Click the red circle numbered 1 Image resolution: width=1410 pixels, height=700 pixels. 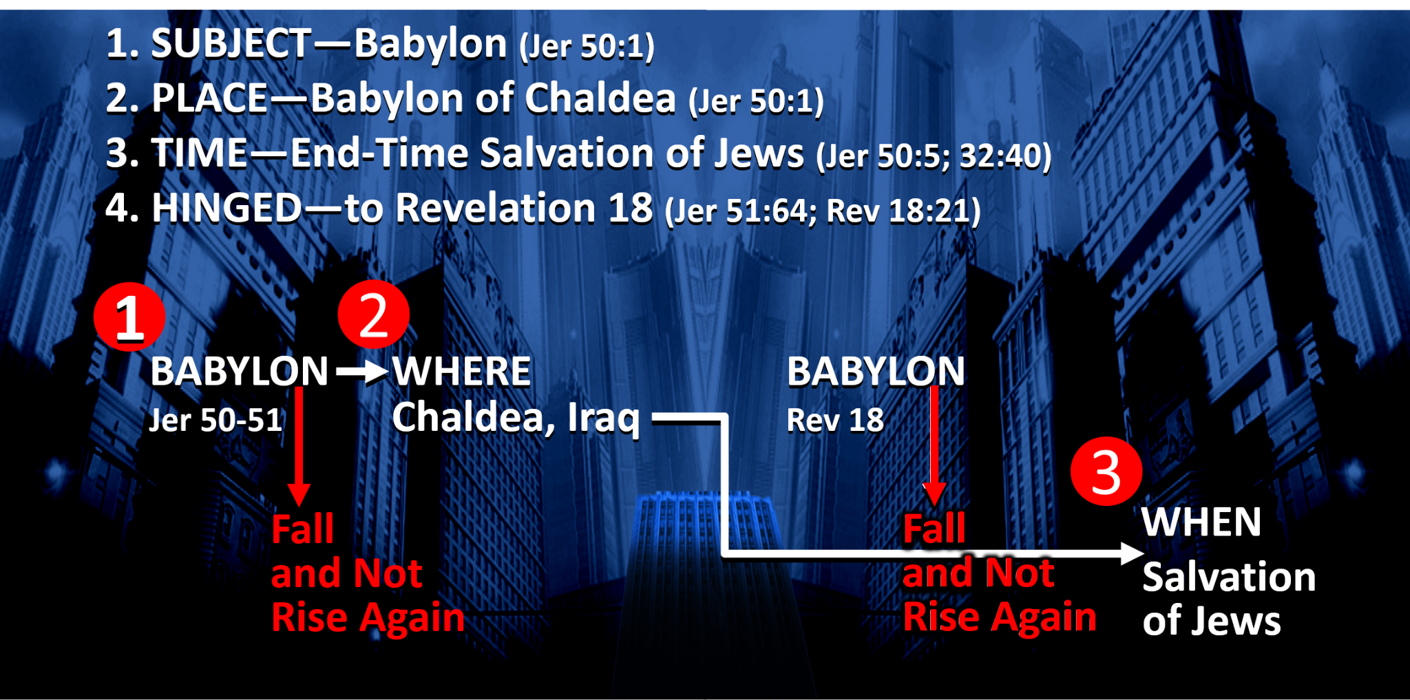[x=129, y=317]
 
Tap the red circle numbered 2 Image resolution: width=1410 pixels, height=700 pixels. [x=374, y=314]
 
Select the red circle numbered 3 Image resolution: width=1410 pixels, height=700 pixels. [x=1106, y=471]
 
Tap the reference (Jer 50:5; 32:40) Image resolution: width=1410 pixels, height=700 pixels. [x=934, y=156]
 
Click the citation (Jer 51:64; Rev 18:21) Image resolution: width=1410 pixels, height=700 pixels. [x=823, y=211]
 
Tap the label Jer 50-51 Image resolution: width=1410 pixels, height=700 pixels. [x=216, y=420]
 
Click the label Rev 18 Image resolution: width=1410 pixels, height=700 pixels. [x=835, y=420]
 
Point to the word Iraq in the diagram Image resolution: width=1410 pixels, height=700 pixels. [x=604, y=418]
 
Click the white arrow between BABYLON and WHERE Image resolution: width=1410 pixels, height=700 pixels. [x=362, y=372]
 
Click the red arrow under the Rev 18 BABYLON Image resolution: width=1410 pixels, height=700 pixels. [x=934, y=446]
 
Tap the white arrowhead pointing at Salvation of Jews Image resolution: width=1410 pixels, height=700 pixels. [x=1132, y=553]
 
